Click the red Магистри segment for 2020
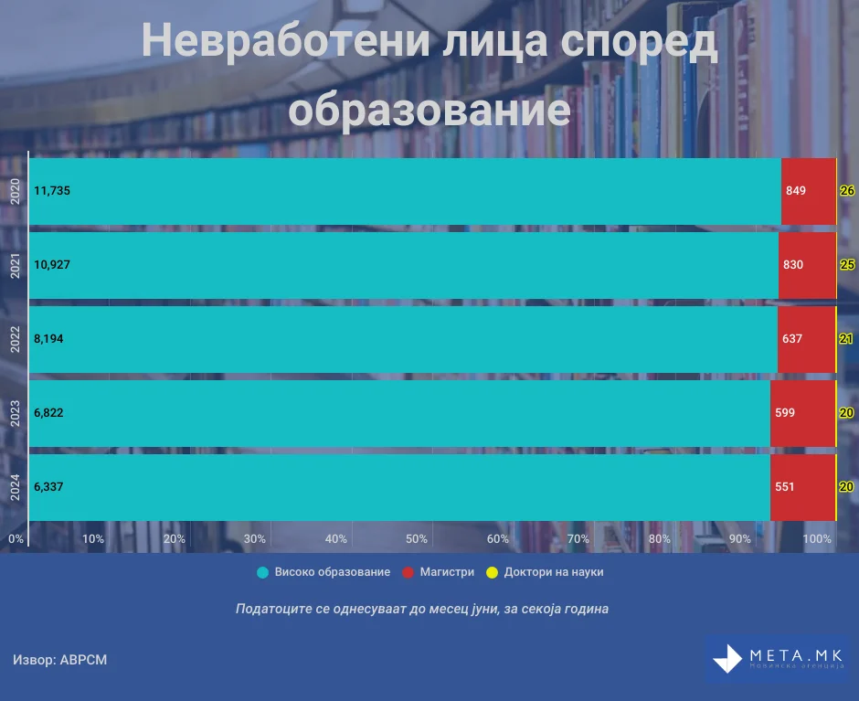click(809, 191)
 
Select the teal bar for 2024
click(399, 487)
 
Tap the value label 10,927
click(52, 265)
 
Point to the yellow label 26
click(847, 191)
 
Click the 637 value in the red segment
click(792, 339)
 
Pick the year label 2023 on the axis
click(15, 413)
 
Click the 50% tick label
click(417, 538)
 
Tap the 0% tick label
click(16, 538)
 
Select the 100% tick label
click(817, 538)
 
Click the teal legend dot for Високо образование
click(263, 573)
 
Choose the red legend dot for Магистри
click(408, 573)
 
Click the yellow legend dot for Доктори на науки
click(492, 573)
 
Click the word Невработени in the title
click(285, 40)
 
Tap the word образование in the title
click(429, 110)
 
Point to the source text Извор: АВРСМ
click(59, 660)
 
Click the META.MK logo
click(778, 659)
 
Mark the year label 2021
click(15, 265)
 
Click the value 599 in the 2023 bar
click(785, 413)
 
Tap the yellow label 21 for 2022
click(846, 339)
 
